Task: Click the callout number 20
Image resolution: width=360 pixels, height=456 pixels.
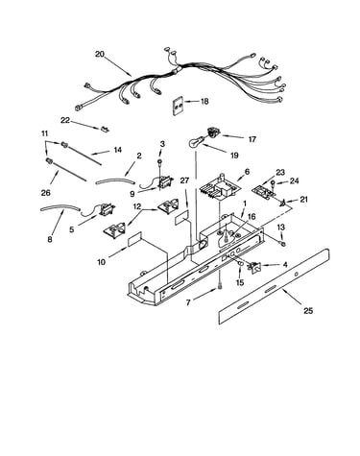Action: click(100, 54)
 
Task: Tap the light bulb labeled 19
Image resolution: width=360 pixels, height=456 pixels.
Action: click(194, 142)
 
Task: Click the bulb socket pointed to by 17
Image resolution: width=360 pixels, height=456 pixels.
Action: click(211, 132)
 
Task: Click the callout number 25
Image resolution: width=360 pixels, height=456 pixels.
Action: click(308, 310)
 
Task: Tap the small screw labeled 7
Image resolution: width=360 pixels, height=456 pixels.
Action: click(220, 287)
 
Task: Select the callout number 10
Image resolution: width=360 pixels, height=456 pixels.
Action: click(101, 262)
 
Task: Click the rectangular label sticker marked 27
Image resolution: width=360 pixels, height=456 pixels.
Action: click(181, 218)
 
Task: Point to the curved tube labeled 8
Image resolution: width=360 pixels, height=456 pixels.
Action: click(60, 208)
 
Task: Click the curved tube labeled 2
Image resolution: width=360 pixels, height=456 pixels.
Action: click(114, 181)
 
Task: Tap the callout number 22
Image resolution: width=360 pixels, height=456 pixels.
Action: click(65, 120)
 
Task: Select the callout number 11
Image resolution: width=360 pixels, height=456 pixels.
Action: click(44, 133)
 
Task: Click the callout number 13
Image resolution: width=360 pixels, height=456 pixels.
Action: click(280, 228)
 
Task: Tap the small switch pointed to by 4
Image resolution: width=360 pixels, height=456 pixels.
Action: click(255, 266)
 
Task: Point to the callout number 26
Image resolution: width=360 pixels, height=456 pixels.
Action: click(46, 193)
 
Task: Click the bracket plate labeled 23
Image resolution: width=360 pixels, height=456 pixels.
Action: click(264, 192)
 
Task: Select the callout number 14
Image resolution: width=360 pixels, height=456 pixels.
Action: click(117, 150)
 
